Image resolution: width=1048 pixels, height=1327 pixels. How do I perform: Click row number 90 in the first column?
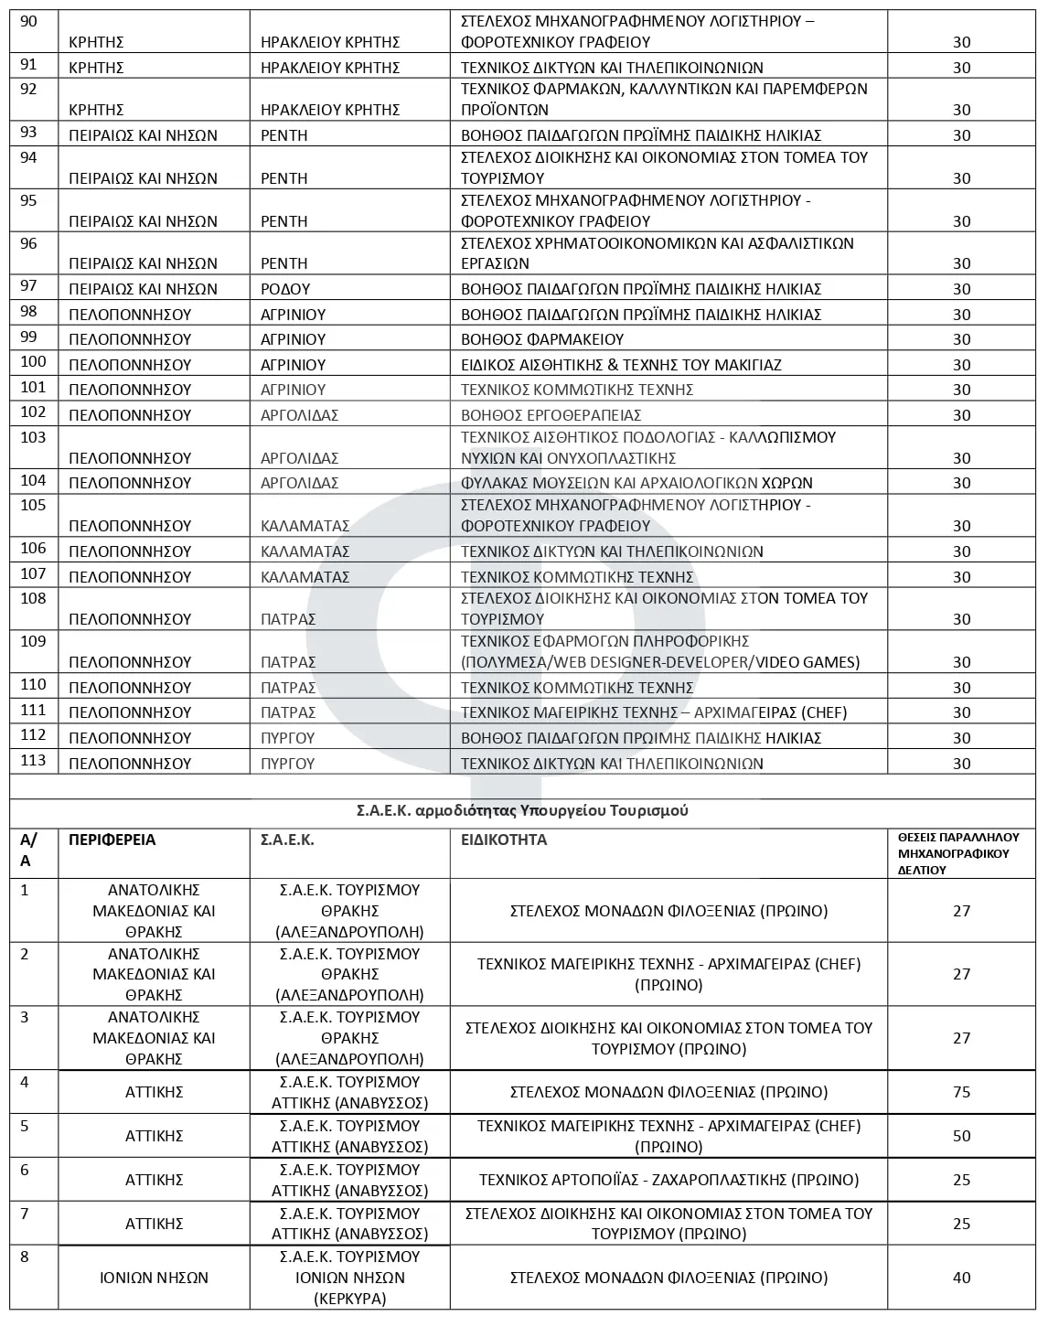[x=28, y=21]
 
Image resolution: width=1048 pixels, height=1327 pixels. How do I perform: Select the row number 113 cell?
[x=33, y=760]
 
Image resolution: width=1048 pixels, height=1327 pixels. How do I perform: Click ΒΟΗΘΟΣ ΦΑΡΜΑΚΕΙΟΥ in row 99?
[x=542, y=339]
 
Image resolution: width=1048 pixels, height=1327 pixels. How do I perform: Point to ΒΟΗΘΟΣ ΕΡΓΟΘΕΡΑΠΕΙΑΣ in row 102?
[x=551, y=415]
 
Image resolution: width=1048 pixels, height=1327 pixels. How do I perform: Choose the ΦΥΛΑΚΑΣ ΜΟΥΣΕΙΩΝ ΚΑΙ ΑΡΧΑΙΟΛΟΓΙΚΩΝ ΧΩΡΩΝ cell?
[x=636, y=483]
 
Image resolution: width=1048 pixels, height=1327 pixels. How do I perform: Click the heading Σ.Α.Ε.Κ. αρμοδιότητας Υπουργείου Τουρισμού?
[x=522, y=811]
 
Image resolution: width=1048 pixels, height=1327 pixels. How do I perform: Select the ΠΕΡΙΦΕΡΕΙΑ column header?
[x=112, y=840]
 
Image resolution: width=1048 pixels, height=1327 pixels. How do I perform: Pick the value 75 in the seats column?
[x=961, y=1093]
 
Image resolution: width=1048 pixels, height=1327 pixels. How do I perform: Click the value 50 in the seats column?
[x=961, y=1137]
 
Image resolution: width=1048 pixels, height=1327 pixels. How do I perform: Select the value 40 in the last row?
[x=961, y=1279]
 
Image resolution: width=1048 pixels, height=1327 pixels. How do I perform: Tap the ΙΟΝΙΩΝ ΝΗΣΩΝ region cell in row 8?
[x=154, y=1279]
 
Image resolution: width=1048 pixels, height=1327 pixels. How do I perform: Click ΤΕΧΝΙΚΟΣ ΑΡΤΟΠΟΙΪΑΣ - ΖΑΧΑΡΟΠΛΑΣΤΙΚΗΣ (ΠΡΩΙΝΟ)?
[x=668, y=1181]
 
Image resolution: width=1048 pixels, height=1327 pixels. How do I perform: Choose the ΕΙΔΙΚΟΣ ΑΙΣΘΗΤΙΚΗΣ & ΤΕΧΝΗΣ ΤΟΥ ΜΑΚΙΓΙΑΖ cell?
[x=621, y=365]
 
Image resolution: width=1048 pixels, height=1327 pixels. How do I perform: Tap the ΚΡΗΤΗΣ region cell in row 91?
[x=96, y=68]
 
